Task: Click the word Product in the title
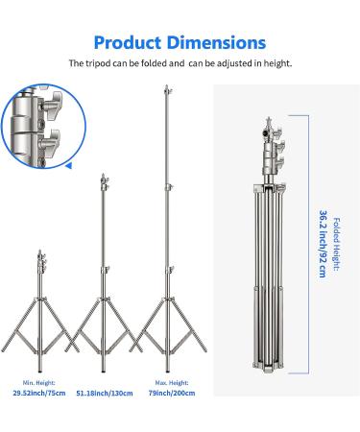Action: click(128, 43)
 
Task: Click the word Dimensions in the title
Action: click(217, 42)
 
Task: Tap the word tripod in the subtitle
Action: click(98, 63)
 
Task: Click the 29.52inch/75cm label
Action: click(39, 393)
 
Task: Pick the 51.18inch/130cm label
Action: click(105, 393)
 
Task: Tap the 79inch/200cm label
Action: click(172, 393)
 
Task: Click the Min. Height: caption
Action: click(39, 383)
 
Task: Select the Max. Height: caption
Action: click(172, 383)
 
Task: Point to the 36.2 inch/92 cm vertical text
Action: click(324, 244)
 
